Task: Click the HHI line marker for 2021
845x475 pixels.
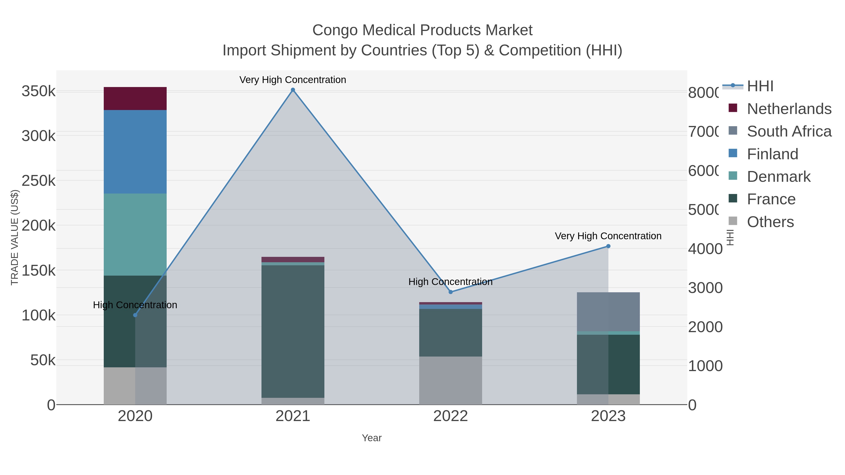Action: tap(293, 90)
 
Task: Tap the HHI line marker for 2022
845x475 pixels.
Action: tap(450, 292)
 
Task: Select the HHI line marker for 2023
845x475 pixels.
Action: tap(608, 246)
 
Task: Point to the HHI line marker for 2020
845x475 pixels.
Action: tap(135, 315)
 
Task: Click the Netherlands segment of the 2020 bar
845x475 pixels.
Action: tap(135, 98)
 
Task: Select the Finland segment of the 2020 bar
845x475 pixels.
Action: tap(135, 152)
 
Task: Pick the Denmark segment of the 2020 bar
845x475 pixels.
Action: tap(135, 234)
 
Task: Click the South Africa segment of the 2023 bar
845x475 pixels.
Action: tap(608, 312)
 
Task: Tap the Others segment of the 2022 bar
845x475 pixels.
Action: tap(450, 380)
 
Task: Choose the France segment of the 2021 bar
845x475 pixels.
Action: tap(293, 331)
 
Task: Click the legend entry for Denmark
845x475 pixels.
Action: tap(778, 177)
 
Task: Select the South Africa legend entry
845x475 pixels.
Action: tap(789, 131)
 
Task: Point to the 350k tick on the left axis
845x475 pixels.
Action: tap(38, 91)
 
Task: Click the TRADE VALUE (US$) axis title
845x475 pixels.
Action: tap(15, 237)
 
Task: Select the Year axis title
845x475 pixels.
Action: tap(372, 438)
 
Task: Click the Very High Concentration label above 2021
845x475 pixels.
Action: tap(293, 80)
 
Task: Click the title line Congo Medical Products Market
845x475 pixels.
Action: tap(422, 30)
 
